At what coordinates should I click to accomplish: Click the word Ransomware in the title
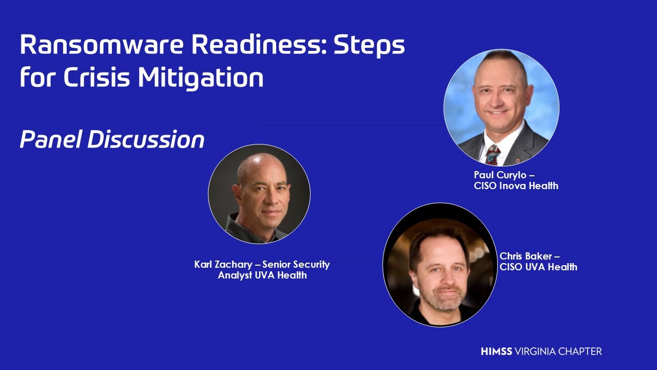click(x=102, y=45)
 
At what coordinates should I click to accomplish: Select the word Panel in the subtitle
click(x=50, y=139)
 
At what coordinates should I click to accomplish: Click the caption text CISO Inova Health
click(x=516, y=186)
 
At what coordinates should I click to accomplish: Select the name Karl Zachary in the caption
click(x=223, y=265)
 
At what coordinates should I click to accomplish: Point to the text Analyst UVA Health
click(x=262, y=275)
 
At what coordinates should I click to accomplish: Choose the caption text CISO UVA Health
click(x=538, y=267)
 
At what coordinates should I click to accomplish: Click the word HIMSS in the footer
click(x=496, y=351)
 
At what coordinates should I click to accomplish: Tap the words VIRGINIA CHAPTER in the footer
click(x=558, y=351)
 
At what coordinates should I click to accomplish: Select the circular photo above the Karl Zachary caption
click(x=259, y=194)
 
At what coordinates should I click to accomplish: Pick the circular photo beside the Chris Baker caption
click(x=440, y=265)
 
